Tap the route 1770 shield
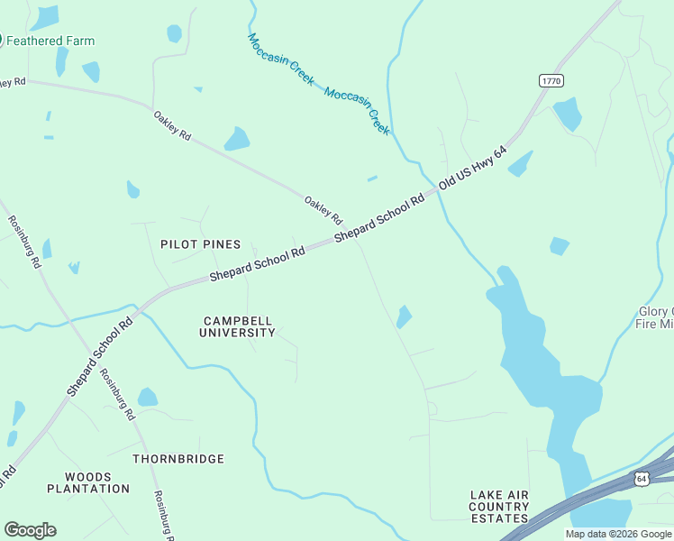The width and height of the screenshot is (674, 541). (551, 81)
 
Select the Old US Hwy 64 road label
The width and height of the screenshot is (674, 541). (473, 170)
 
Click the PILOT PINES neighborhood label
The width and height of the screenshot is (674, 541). (200, 244)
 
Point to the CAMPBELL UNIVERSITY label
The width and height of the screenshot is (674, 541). (237, 326)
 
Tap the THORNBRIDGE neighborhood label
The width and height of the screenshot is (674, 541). (178, 459)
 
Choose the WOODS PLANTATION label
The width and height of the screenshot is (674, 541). (88, 482)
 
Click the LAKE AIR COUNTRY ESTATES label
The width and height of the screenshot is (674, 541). (498, 507)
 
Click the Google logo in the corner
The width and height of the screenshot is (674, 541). (30, 530)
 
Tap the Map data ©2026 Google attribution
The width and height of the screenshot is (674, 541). (617, 534)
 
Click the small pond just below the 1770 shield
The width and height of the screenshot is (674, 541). (567, 114)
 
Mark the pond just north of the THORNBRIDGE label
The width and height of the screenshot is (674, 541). (148, 397)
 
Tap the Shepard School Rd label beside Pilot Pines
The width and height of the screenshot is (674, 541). (258, 264)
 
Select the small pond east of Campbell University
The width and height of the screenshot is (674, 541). (405, 316)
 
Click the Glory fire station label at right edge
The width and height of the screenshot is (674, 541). (654, 318)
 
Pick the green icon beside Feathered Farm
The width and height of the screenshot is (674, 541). (3, 41)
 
